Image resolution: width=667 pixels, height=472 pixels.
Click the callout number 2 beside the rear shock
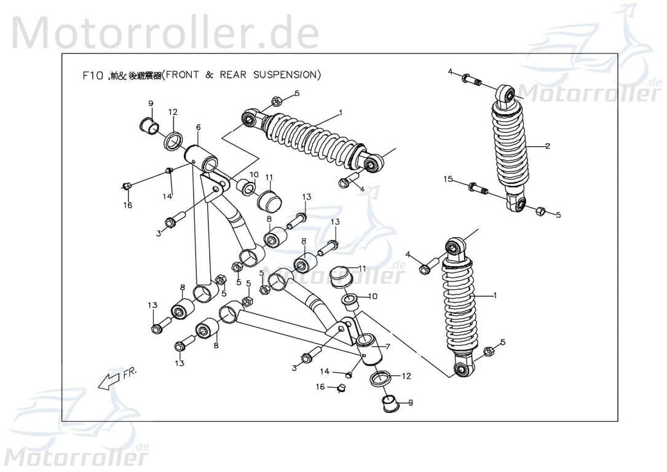click(547, 146)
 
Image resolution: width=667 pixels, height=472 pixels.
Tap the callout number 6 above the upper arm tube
click(198, 127)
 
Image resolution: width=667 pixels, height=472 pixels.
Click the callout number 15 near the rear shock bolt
click(448, 179)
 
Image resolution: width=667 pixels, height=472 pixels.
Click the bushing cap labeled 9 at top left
click(148, 127)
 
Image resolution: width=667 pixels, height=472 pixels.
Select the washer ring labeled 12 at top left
click(173, 141)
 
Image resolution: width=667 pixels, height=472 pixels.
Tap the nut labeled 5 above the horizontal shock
click(276, 100)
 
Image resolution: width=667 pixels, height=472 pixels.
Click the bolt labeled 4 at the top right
click(472, 79)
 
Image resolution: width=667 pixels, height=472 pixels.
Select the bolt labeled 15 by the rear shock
click(478, 189)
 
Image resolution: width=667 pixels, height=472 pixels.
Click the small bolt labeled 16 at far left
click(126, 186)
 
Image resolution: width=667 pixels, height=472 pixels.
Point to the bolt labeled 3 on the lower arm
click(310, 355)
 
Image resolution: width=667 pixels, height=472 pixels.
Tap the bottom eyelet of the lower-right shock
click(463, 369)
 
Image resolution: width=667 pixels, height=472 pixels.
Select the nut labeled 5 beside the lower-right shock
click(489, 352)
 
